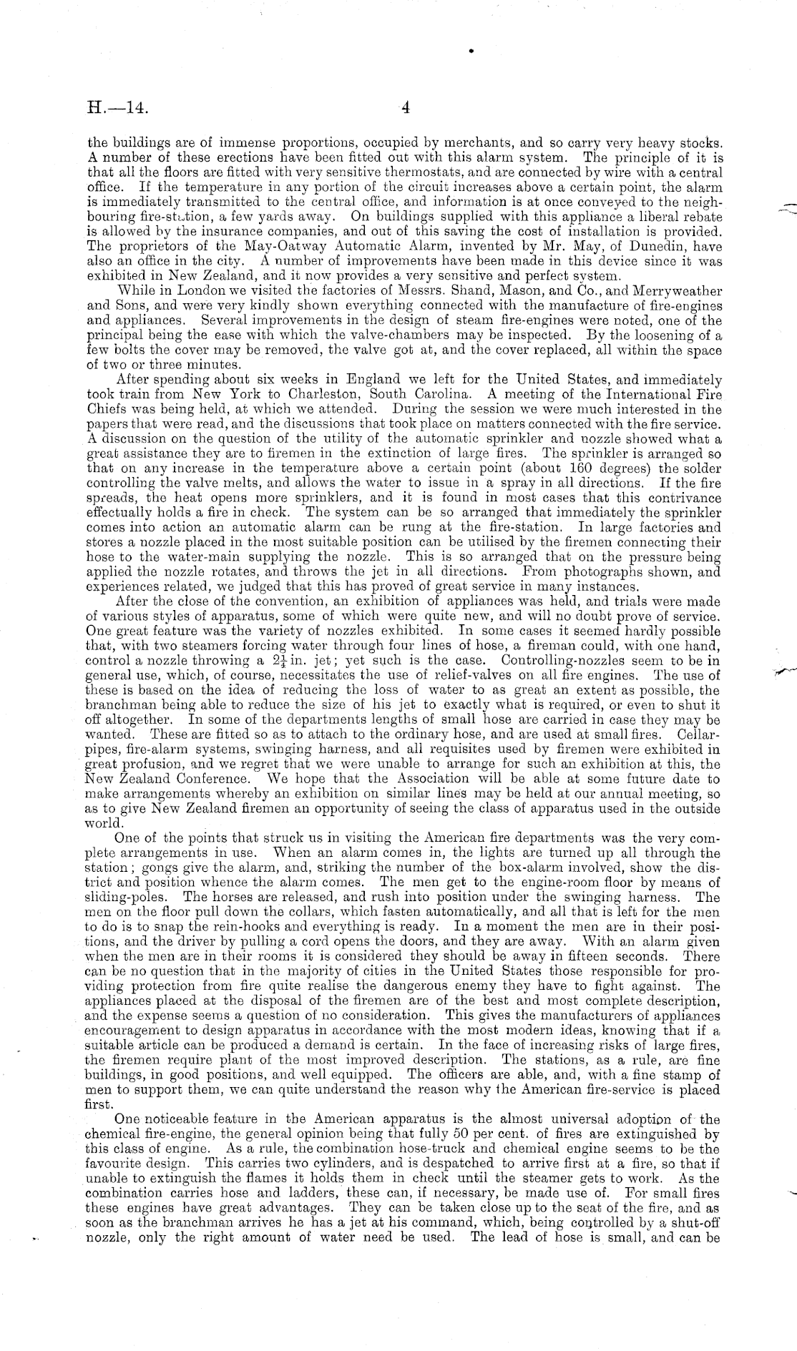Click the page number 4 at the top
coord(404,109)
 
